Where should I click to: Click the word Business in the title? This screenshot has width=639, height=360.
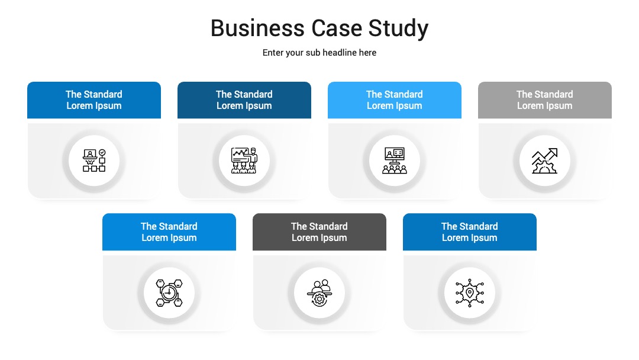257,28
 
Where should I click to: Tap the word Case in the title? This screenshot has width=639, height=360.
337,28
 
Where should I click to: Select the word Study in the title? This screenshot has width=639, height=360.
398,29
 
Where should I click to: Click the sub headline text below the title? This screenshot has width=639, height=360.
319,53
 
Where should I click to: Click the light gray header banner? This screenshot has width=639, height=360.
545,100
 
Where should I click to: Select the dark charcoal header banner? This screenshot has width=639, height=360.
319,232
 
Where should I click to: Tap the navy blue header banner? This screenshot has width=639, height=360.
244,100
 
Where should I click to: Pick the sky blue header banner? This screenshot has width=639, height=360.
395,100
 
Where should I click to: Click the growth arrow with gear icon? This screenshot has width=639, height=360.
545,161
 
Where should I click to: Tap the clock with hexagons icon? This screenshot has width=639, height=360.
169,292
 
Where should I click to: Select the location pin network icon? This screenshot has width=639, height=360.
469,292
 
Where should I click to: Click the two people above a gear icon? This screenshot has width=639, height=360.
319,292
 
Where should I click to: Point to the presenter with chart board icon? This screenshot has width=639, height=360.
244,160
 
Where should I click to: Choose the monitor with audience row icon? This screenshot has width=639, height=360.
395,160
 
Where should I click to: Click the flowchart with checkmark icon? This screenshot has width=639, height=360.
94,160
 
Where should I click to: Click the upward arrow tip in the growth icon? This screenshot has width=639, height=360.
556,150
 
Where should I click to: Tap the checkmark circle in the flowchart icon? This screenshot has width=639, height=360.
102,153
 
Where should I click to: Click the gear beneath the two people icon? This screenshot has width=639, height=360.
319,300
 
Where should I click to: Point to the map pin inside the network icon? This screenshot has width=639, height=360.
469,292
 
